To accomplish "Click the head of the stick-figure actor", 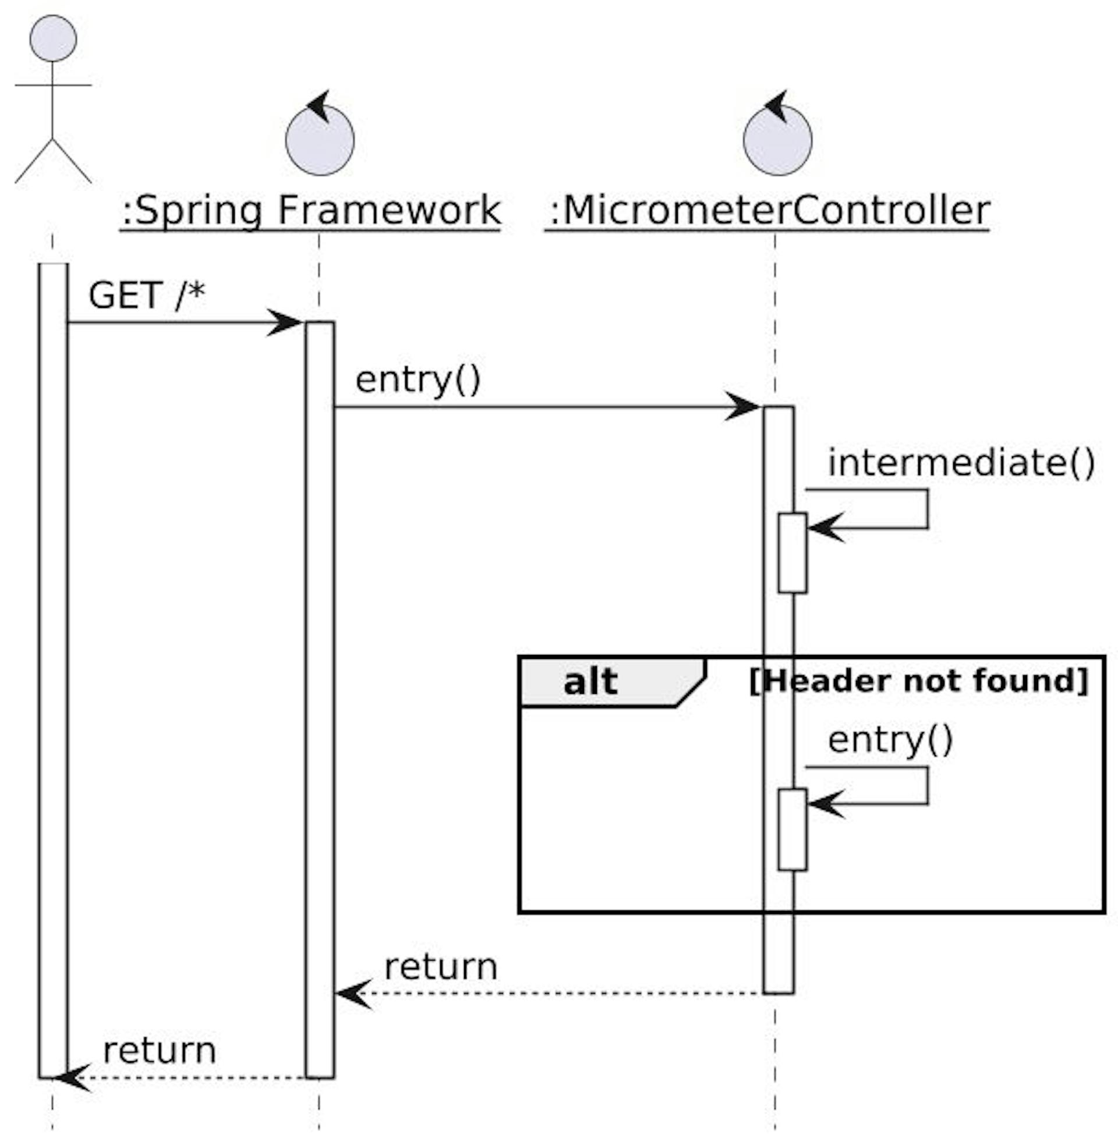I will [53, 38].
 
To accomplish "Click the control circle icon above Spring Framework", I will [320, 140].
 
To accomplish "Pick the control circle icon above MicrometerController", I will [777, 140].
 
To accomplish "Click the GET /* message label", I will [147, 295].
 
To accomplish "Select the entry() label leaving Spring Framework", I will [418, 380].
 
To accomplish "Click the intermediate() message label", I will [961, 463].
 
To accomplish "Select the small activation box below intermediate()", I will [792, 553].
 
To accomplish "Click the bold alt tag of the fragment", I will [590, 682].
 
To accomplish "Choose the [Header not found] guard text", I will [919, 681].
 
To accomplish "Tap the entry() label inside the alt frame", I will [890, 740].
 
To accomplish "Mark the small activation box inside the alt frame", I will [792, 829].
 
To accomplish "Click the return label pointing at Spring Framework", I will [440, 967].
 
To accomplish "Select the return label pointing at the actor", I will [160, 1051].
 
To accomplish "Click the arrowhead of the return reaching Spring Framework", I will [352, 994].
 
